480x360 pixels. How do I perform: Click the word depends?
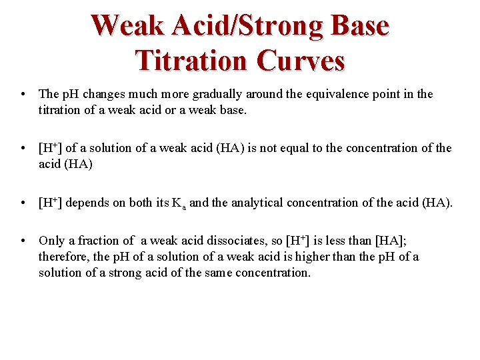[87, 202]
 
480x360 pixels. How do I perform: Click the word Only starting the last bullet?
[52, 241]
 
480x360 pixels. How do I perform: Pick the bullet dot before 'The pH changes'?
[23, 95]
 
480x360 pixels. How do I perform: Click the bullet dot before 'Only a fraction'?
[23, 241]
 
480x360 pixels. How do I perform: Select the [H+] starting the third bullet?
[51, 202]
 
